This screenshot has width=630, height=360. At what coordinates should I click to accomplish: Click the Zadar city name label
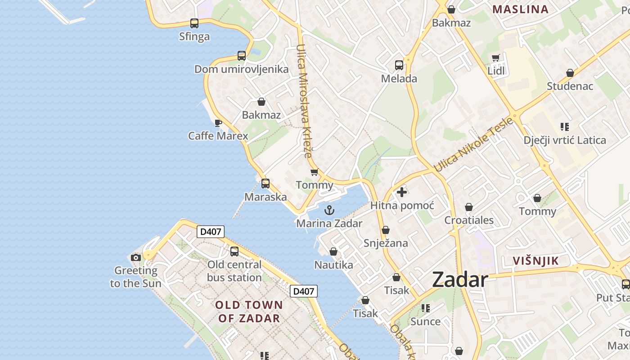tap(460, 280)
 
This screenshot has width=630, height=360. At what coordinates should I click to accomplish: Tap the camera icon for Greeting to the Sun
tap(135, 257)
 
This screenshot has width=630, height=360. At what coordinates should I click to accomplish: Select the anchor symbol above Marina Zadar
tap(329, 210)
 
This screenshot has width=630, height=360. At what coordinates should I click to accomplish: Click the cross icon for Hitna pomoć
tap(402, 192)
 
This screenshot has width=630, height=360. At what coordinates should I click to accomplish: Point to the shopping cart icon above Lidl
tap(496, 58)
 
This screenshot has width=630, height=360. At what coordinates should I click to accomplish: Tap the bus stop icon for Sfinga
tap(194, 23)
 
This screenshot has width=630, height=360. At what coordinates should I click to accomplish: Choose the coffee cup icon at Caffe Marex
tap(218, 123)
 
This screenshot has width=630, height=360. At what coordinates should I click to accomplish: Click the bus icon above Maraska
tap(265, 184)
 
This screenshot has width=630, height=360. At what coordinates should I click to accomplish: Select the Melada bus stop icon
tap(399, 65)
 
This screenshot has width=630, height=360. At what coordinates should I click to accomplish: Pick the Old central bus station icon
tap(234, 252)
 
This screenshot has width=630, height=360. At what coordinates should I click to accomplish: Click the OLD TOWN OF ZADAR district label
tap(249, 311)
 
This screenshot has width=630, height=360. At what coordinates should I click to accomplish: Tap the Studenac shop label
tap(570, 86)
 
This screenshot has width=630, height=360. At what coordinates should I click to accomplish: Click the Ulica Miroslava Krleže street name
tap(304, 101)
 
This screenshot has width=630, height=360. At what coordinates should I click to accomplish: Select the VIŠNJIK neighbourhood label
tap(536, 261)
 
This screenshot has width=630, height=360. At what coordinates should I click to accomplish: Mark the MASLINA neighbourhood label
tap(520, 9)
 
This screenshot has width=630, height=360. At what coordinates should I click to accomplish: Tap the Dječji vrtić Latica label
tap(565, 140)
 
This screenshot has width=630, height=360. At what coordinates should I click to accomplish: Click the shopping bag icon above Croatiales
tap(469, 207)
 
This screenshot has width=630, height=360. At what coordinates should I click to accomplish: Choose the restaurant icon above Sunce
tap(426, 308)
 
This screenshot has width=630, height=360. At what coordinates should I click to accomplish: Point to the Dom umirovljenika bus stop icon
tap(242, 56)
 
